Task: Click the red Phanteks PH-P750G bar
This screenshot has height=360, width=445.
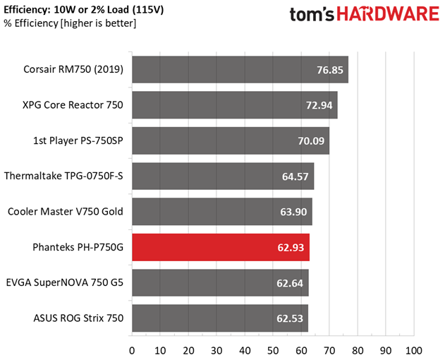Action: pos(220,247)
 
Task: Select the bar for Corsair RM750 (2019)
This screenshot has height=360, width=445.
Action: pos(240,70)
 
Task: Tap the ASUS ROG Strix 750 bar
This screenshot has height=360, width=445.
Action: pos(219,318)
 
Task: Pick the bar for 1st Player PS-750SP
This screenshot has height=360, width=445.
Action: pos(230,140)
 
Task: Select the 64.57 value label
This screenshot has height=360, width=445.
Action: pos(295,176)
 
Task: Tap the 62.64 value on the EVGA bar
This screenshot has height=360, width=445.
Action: pos(290,283)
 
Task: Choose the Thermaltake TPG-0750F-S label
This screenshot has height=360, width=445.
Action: pos(64,176)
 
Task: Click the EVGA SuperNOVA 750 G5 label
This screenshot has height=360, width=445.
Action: pos(64,282)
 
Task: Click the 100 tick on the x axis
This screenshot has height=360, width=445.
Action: pos(414,350)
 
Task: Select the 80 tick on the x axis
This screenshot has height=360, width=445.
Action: pos(358,350)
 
